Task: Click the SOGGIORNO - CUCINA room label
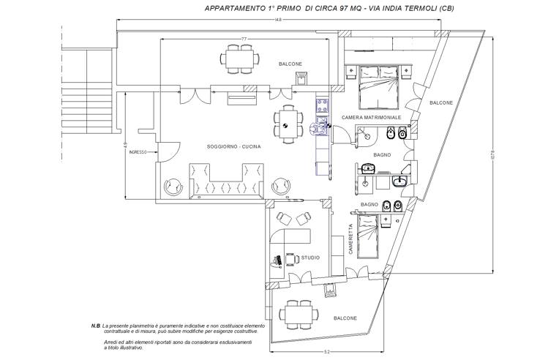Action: (234, 147)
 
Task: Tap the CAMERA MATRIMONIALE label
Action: (371, 118)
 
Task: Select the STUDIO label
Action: (310, 257)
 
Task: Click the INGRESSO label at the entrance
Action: (138, 152)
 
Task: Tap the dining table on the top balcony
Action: (239, 58)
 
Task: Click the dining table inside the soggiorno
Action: (288, 123)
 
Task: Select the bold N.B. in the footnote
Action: (95, 325)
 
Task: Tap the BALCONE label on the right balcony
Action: (441, 102)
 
